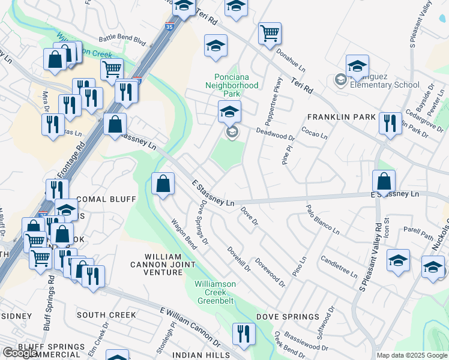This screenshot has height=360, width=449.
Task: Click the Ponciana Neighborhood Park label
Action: (237, 85)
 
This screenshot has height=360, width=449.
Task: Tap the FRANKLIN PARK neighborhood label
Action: (341, 117)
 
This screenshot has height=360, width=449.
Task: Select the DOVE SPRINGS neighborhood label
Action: (288, 316)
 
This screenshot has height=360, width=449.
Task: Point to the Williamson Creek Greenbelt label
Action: (214, 292)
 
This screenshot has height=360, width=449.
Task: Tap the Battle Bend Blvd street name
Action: (122, 40)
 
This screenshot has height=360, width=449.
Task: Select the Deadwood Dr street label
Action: (276, 133)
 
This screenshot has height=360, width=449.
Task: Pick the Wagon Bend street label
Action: (184, 235)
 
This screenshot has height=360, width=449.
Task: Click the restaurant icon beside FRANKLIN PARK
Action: (390, 124)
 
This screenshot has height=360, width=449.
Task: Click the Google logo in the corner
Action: (20, 353)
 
